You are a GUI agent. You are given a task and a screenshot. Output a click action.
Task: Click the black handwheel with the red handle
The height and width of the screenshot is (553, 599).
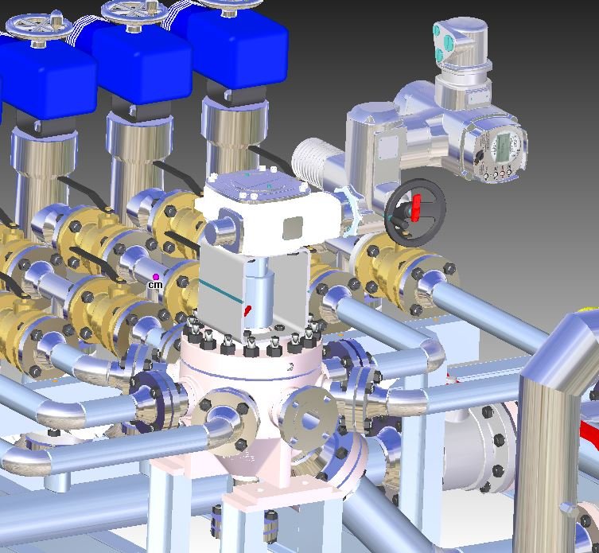tap(415, 212)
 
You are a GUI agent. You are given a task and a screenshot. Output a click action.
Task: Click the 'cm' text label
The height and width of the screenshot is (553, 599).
tap(155, 285)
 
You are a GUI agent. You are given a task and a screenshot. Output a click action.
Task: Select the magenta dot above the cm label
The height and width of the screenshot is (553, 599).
tap(155, 276)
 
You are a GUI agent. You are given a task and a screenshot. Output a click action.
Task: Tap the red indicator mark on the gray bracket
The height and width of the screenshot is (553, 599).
tap(248, 310)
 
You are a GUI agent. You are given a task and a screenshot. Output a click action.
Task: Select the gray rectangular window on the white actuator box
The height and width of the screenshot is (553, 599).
tap(293, 228)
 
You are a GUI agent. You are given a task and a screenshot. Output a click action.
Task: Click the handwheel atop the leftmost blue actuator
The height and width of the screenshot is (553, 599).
tap(40, 29)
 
